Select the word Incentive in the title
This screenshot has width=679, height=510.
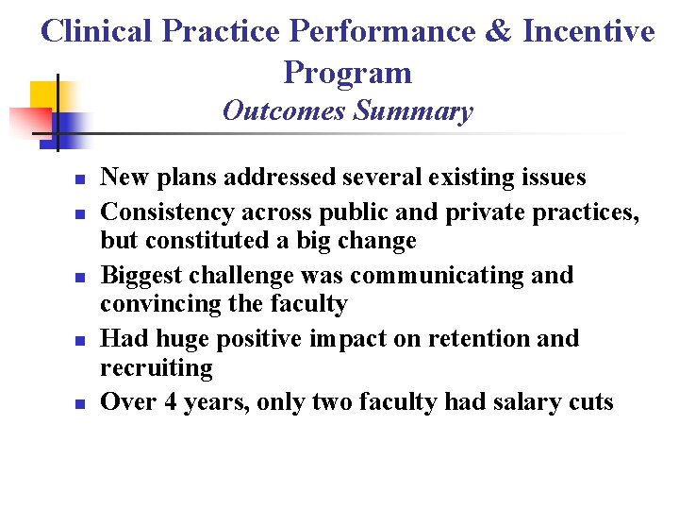pos(588,31)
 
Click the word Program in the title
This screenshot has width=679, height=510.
pos(347,73)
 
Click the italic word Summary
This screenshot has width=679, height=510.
pos(413,111)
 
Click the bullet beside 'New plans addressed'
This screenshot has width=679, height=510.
pos(81,178)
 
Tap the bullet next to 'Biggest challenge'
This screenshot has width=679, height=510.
pos(81,277)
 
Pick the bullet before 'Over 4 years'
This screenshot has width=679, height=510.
pos(81,403)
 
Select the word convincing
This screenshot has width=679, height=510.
pos(161,304)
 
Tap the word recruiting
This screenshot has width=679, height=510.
pos(157,367)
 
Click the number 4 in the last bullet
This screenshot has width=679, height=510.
pos(171,402)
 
